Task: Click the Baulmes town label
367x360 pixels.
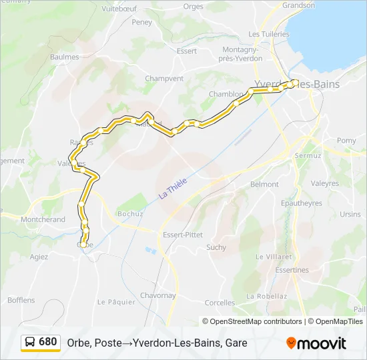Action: click(x=65, y=57)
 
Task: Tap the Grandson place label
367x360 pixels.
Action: click(x=298, y=5)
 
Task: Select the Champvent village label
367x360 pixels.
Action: click(x=163, y=78)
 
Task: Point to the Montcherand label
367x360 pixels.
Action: click(x=43, y=219)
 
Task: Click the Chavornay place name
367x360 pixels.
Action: click(x=157, y=295)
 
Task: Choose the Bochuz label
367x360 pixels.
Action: click(x=130, y=214)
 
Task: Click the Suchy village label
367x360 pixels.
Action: click(x=216, y=247)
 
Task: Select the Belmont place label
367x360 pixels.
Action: click(x=264, y=184)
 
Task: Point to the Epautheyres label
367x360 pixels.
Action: click(x=302, y=203)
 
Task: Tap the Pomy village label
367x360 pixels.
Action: click(x=346, y=141)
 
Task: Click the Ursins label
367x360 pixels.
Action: click(x=350, y=214)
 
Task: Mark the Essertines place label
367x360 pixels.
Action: click(x=292, y=270)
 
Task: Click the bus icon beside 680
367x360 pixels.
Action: click(x=30, y=342)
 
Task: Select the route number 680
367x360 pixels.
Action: click(x=48, y=342)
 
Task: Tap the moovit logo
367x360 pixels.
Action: click(x=316, y=343)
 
